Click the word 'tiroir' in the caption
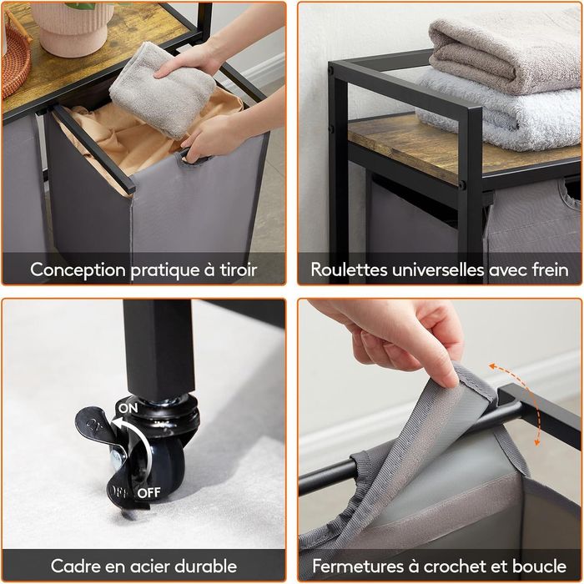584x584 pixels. pos(239,269)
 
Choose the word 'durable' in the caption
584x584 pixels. pos(206,566)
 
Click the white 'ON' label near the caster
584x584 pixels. pos(128,408)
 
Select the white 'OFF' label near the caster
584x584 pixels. pos(149,493)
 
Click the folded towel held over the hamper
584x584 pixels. pos(162,89)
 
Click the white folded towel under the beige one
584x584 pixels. pos(499,112)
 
